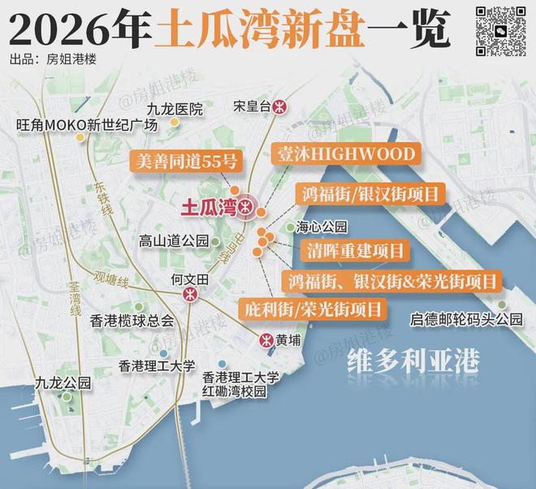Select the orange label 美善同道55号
pyautogui.click(x=186, y=159)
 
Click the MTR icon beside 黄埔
pyautogui.click(x=265, y=340)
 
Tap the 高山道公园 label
pyautogui.click(x=173, y=240)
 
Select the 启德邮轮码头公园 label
pyautogui.click(x=466, y=318)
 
